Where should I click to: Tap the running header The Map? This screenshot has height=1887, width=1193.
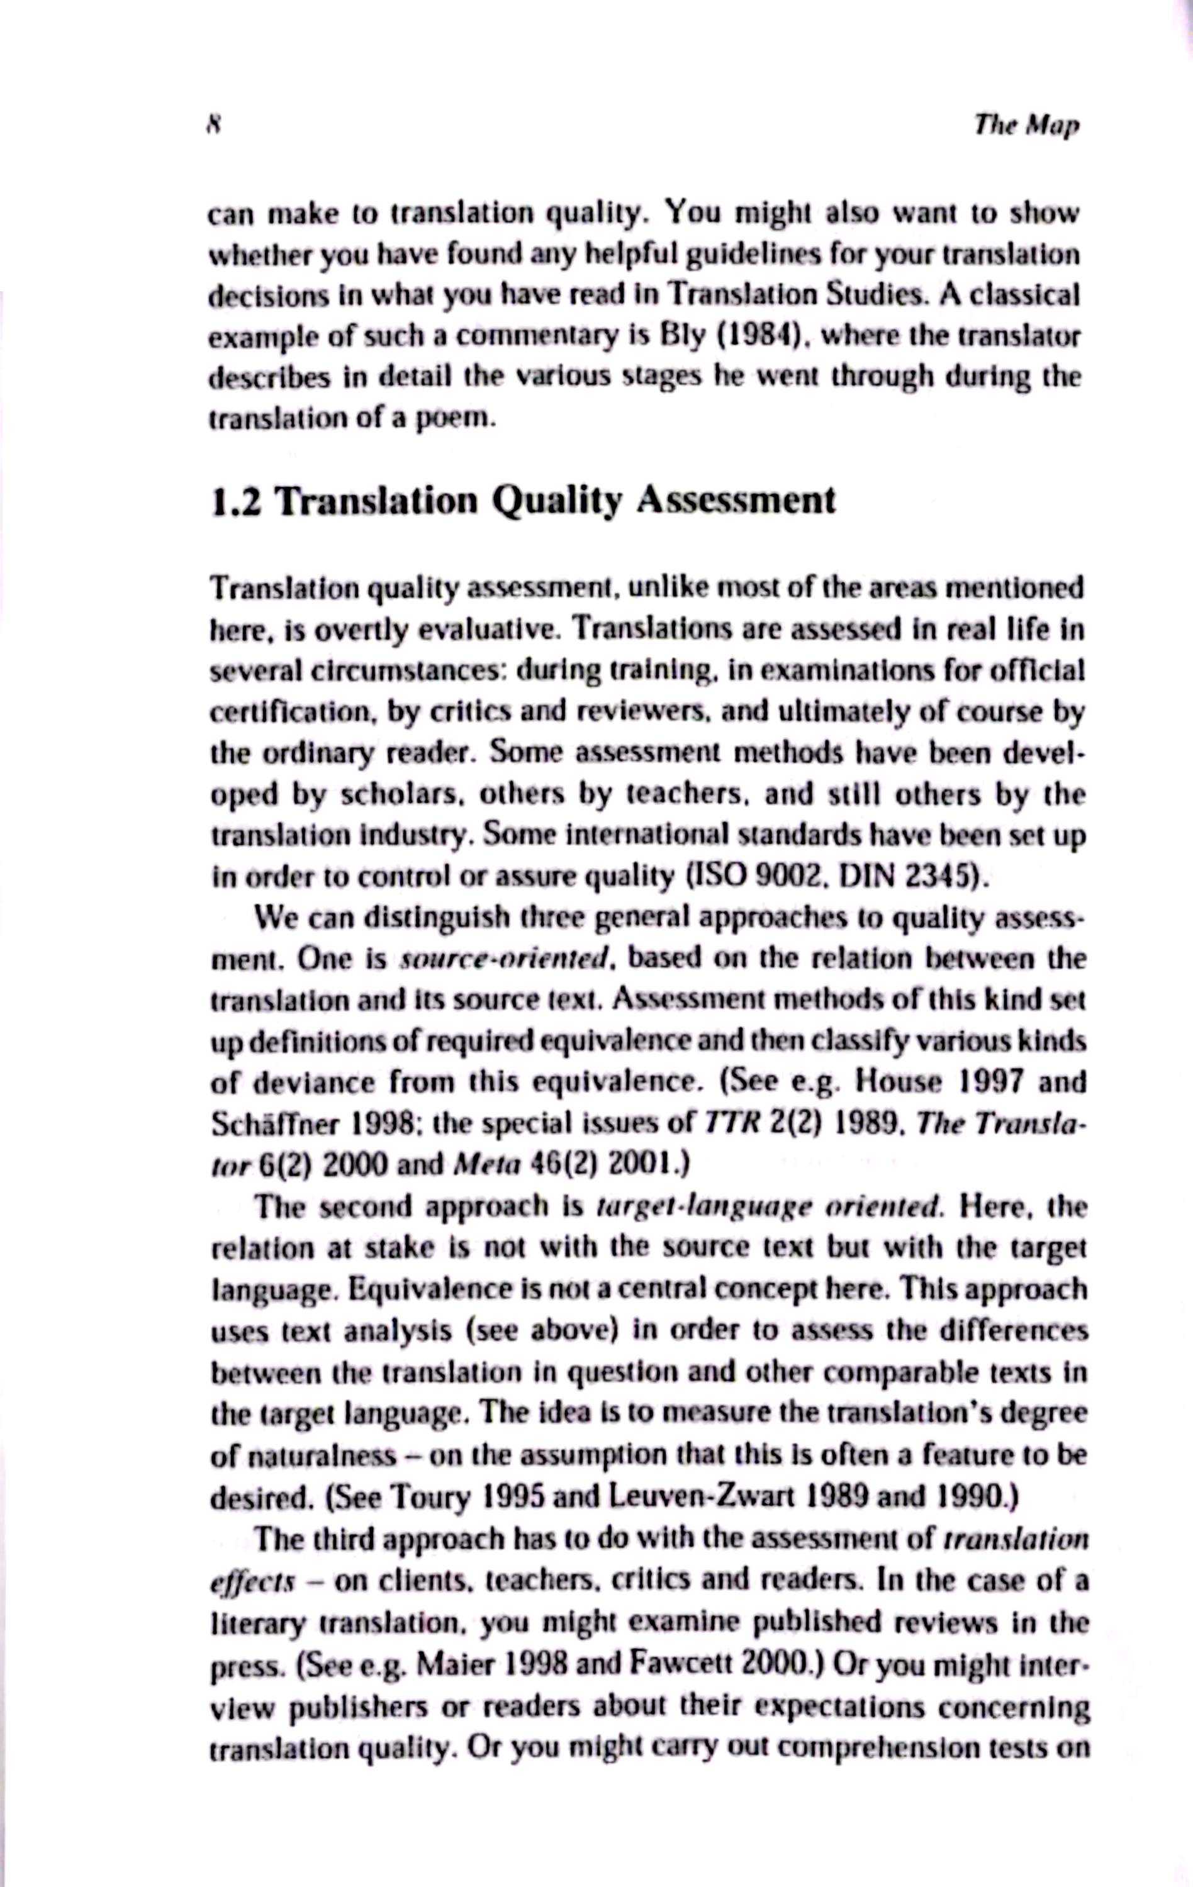click(1026, 125)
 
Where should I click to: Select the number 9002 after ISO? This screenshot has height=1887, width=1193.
click(785, 877)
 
